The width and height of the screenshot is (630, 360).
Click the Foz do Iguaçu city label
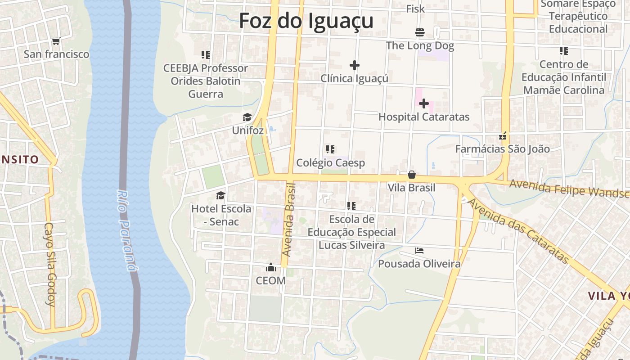point(306,21)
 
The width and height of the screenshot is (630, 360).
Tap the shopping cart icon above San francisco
point(56,41)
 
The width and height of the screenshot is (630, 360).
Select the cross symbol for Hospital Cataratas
point(423,104)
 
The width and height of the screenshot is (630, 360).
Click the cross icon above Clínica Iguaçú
point(355,65)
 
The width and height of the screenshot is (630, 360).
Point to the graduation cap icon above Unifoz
point(247,118)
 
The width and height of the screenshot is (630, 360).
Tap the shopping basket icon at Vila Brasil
point(411,175)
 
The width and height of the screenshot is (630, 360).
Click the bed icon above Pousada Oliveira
point(419,251)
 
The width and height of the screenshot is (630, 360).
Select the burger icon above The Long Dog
point(420,32)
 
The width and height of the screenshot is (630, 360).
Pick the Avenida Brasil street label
point(289,220)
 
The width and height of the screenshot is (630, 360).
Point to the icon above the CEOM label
point(271,268)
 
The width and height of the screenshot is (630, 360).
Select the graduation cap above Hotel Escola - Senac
point(220,195)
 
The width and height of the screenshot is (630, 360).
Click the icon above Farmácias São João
point(503,135)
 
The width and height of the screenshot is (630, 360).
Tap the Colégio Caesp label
point(330,163)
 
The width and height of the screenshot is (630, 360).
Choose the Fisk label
point(415,9)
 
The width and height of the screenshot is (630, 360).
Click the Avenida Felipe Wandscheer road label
point(569,188)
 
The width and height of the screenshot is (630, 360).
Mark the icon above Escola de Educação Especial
point(351,206)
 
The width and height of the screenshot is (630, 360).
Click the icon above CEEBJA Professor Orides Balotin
point(206,55)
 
